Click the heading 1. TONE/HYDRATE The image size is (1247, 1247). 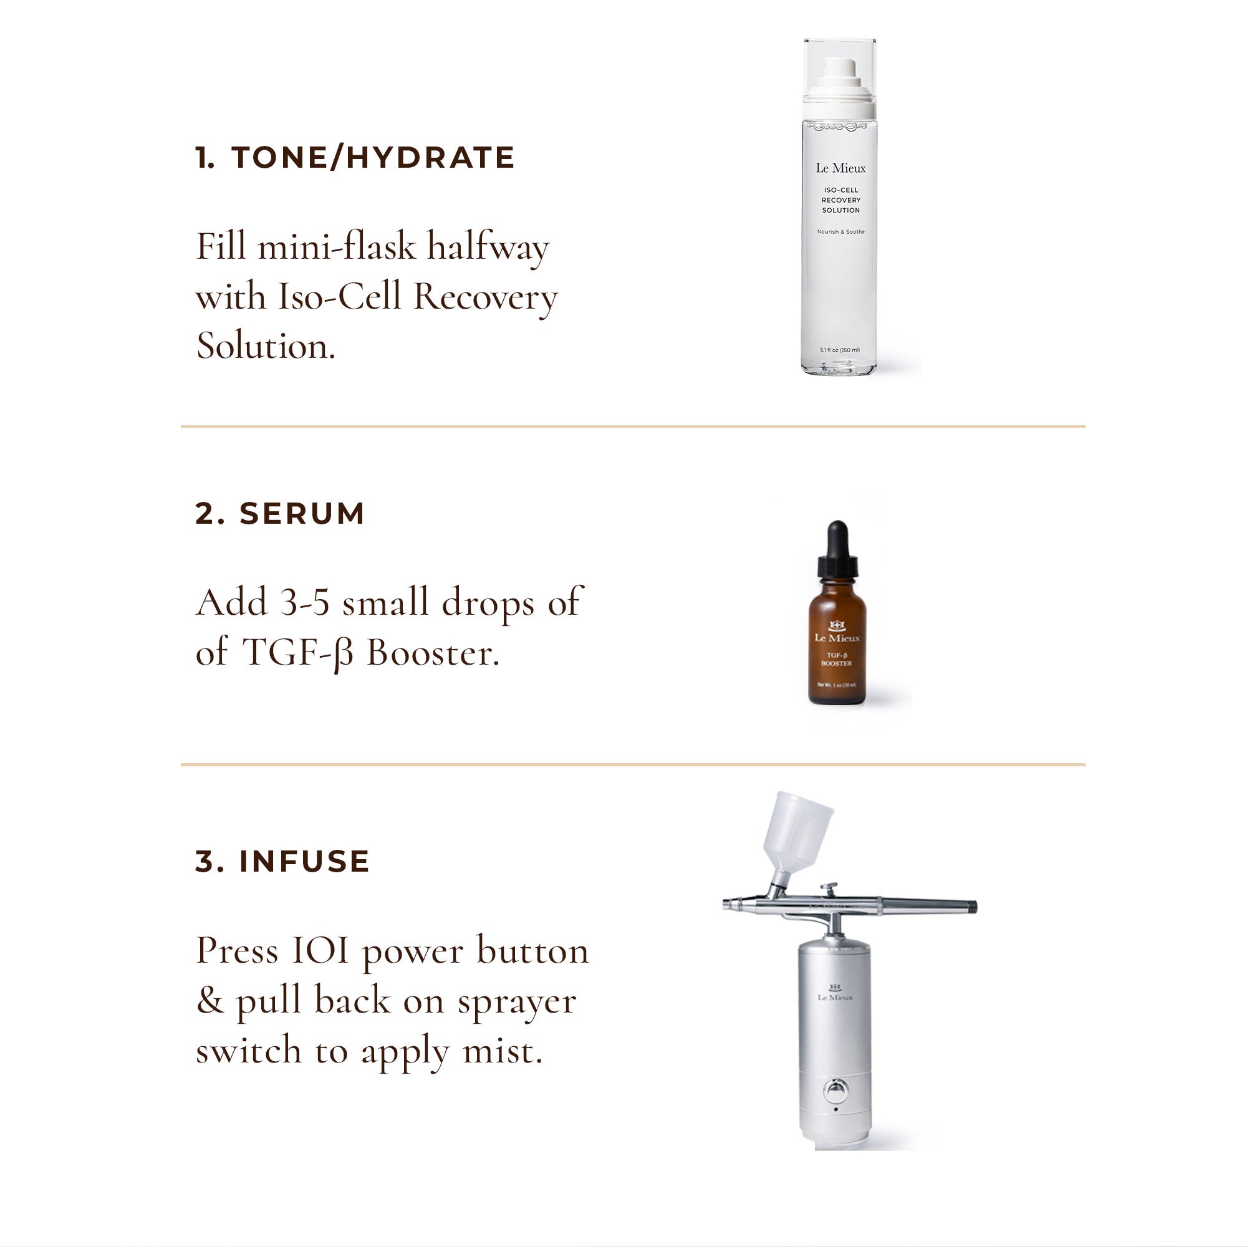[x=354, y=158]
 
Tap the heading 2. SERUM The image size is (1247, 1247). [x=280, y=514]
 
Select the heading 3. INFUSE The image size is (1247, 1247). [x=282, y=861]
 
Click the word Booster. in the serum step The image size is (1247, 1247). [x=433, y=653]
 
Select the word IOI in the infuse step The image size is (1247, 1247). [x=320, y=951]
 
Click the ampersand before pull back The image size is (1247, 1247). [x=209, y=1001]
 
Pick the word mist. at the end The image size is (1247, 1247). [x=503, y=1051]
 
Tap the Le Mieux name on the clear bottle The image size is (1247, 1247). [x=840, y=168]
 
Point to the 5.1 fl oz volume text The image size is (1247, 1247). [x=840, y=350]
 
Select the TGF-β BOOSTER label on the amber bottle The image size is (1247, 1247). [x=837, y=659]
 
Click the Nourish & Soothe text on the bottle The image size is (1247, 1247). [x=840, y=232]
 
